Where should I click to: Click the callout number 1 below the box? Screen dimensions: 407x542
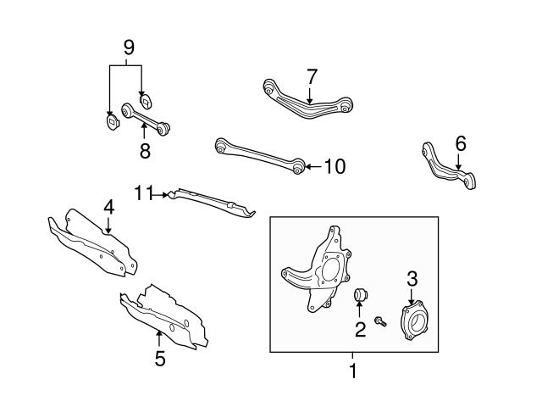[x=353, y=371]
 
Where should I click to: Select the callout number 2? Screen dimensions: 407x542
[x=360, y=330]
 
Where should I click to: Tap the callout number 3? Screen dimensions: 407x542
[x=412, y=277]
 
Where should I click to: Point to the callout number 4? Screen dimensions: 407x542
[x=108, y=207]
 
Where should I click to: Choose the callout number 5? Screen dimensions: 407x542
[x=160, y=359]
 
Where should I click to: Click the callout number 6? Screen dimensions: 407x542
[x=460, y=144]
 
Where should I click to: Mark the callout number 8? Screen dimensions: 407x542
[x=145, y=150]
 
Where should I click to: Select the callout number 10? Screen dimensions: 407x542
[x=335, y=166]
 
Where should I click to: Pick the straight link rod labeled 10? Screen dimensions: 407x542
[x=258, y=154]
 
